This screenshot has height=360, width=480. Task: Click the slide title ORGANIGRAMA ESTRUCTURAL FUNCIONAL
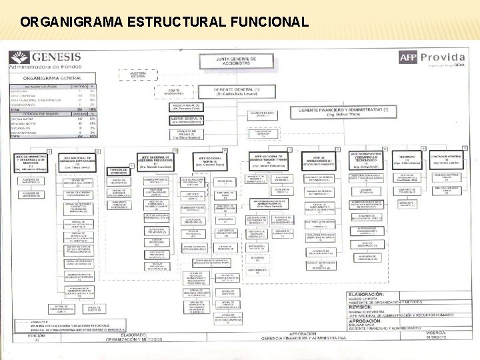pyautogui.click(x=164, y=21)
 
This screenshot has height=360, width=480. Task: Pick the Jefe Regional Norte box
pyautogui.click(x=211, y=160)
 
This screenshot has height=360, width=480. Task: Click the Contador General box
pyautogui.click(x=443, y=158)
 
